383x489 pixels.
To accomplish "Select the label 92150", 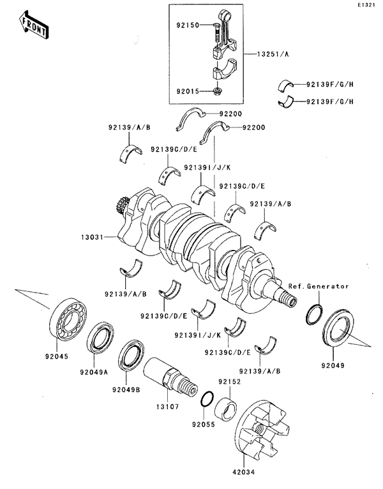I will coord(188,26).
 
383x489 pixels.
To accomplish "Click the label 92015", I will coord(188,92).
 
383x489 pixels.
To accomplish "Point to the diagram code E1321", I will coord(366,5).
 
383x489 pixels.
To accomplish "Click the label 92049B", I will coord(126,390).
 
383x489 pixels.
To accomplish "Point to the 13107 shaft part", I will coord(169,376).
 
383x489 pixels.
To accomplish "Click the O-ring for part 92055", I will coord(207,399).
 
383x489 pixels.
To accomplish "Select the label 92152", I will coord(228,382).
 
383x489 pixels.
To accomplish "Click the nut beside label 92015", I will coord(218,92).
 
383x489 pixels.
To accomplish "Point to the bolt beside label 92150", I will coord(217,28).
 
